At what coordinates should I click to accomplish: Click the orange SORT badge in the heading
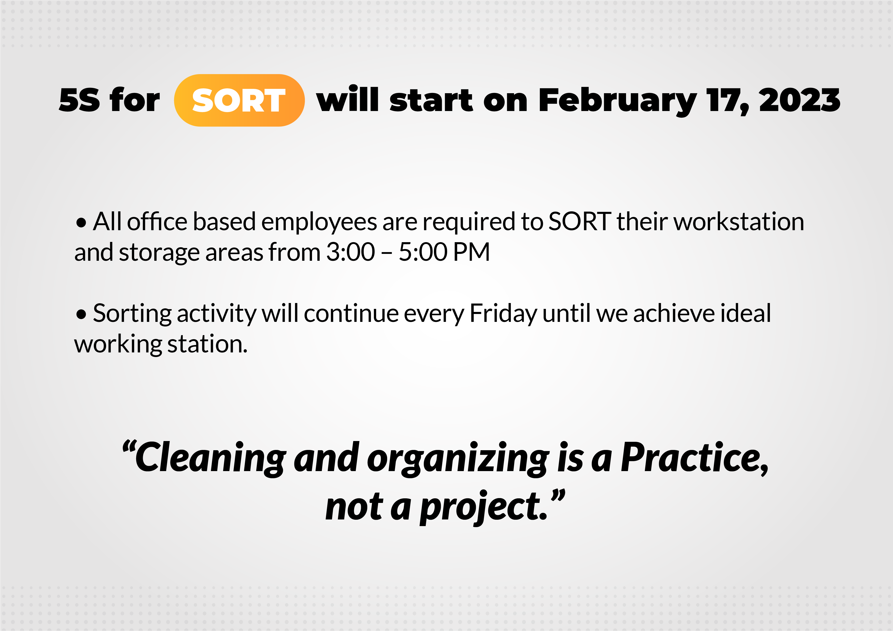[x=239, y=100]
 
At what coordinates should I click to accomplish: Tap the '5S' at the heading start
[x=79, y=100]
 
